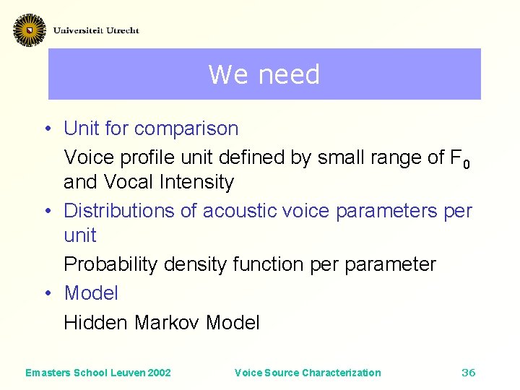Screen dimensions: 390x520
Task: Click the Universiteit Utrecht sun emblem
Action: [x=29, y=30]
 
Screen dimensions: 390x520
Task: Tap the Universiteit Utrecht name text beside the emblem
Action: [x=96, y=30]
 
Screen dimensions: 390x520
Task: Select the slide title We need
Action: [x=264, y=74]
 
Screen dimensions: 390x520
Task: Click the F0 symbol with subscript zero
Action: [x=459, y=158]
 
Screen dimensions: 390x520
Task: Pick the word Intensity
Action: [x=196, y=182]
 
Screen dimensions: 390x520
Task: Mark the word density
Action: [x=195, y=264]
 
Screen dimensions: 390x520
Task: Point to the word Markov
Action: [x=165, y=322]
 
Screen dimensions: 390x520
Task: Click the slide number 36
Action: [x=468, y=373]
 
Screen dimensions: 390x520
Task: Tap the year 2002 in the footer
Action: [x=159, y=373]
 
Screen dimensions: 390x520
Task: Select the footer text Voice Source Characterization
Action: [x=308, y=373]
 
